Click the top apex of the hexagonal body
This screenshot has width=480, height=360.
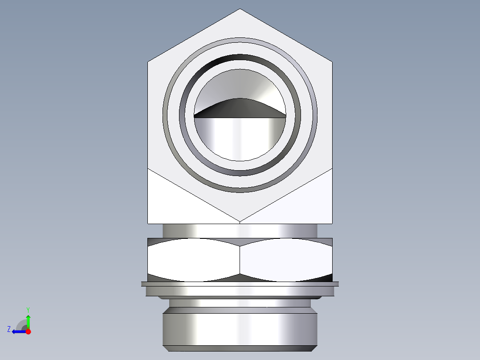pyautogui.click(x=240, y=9)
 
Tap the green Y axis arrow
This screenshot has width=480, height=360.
pyautogui.click(x=28, y=320)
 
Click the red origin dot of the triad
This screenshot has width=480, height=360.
pyautogui.click(x=28, y=331)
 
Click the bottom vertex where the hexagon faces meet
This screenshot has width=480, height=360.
pyautogui.click(x=240, y=221)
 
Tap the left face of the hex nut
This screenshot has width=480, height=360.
pyautogui.click(x=194, y=261)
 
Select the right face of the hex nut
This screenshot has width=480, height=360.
pyautogui.click(x=286, y=261)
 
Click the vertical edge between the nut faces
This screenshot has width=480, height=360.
pyautogui.click(x=240, y=261)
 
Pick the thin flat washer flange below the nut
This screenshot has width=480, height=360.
pyautogui.click(x=240, y=284)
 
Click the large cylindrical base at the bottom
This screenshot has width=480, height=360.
pyautogui.click(x=240, y=330)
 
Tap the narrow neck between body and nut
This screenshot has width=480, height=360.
pyautogui.click(x=240, y=230)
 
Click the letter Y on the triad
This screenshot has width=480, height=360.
pyautogui.click(x=28, y=309)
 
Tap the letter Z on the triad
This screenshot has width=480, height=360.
pyautogui.click(x=9, y=329)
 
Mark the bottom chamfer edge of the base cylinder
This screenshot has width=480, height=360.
pyautogui.click(x=240, y=348)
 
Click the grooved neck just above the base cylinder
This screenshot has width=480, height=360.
pyautogui.click(x=240, y=303)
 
